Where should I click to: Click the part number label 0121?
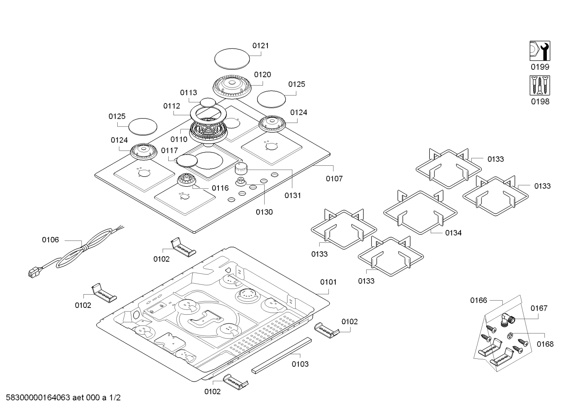coord(261,46)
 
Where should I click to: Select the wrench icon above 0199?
coord(540,51)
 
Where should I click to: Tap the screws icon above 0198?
coord(540,85)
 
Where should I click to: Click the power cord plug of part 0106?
coord(33,273)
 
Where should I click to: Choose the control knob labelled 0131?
coord(242,168)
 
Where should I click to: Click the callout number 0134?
coord(453,233)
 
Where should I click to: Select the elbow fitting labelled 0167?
coord(508,319)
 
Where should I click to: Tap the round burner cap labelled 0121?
coord(232,60)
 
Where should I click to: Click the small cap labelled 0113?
coord(207,102)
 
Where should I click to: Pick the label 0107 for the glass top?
coord(334,179)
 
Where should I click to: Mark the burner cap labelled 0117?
coord(188,161)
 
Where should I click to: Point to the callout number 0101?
coord(328,282)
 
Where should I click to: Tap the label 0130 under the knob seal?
coord(264,212)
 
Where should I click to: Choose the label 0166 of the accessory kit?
coord(479,300)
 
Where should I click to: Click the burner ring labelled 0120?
coord(232,86)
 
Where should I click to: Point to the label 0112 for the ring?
coord(172,106)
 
